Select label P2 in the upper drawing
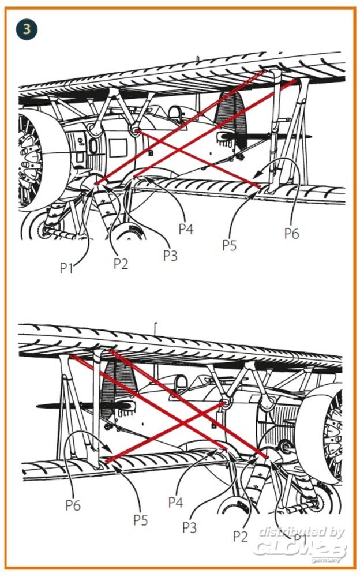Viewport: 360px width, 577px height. (121, 264)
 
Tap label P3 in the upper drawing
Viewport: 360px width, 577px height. (170, 256)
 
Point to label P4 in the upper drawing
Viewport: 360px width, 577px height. (186, 229)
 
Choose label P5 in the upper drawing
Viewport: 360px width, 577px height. (230, 245)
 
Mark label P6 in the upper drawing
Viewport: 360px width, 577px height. (292, 233)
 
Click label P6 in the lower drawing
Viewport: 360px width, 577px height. (73, 505)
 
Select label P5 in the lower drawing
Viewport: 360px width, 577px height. (141, 519)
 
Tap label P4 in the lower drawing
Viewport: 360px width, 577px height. (175, 502)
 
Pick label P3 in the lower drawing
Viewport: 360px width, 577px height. (190, 527)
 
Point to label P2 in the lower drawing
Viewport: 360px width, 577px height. (241, 536)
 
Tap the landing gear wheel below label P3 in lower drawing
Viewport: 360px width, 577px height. (234, 511)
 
